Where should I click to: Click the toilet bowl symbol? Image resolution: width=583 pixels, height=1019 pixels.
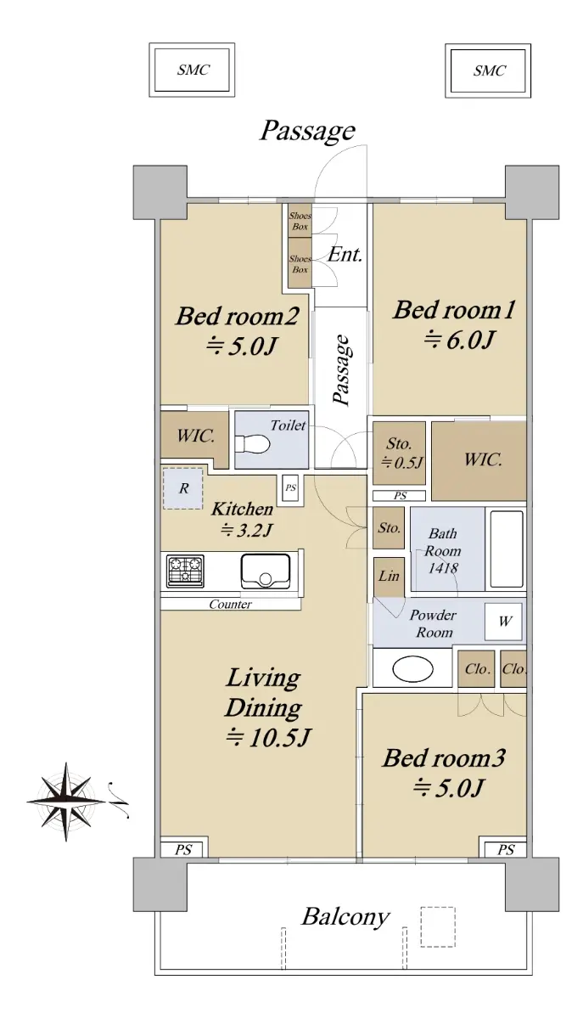pos(252,443)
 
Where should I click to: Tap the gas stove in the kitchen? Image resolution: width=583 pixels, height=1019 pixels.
pos(185,571)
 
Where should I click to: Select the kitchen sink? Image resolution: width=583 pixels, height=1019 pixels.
pos(266,571)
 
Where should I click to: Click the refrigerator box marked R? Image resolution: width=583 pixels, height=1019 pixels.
pos(182,488)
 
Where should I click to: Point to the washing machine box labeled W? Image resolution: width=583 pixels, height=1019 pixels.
pos(503,622)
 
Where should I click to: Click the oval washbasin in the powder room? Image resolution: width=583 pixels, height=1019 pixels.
pos(413,669)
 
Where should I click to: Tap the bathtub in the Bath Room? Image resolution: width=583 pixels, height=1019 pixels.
pos(507,549)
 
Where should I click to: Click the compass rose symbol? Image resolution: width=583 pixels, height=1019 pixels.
pos(67,801)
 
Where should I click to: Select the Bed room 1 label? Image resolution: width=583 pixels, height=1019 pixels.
pos(454,310)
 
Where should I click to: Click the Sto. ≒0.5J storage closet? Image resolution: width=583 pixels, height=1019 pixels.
pos(400,453)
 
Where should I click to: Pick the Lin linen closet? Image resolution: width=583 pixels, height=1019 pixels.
pos(389,577)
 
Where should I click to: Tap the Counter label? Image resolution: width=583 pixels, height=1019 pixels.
pos(230,604)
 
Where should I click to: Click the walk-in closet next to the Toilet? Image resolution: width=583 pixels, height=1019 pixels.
pos(194,436)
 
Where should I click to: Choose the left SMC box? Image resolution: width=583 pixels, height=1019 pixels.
pos(192,70)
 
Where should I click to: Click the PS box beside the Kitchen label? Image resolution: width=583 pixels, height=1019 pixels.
pos(290,488)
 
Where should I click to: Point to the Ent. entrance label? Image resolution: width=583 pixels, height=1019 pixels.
pos(345,255)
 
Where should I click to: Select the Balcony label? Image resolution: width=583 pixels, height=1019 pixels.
pos(345,917)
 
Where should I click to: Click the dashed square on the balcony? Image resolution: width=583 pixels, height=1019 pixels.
pos(438,926)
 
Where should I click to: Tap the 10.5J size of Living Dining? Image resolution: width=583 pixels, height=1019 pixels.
pos(269,738)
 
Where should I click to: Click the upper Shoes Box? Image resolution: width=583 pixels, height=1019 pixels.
pos(300,221)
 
